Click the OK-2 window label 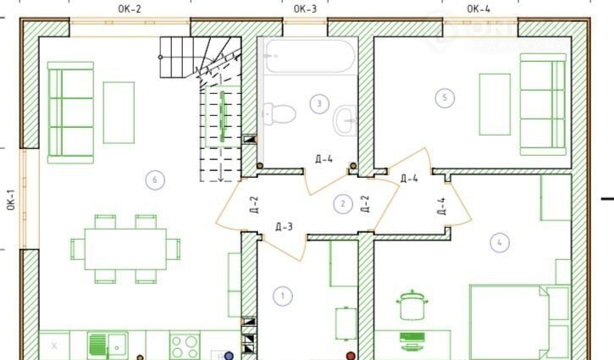tap(130, 9)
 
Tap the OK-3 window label tap(305, 9)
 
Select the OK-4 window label tap(478, 9)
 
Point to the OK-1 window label tap(10, 200)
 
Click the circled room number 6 tap(155, 180)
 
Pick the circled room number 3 tap(319, 104)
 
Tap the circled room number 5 tap(445, 98)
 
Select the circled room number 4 tap(500, 242)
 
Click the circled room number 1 tap(283, 296)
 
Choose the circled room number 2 tap(343, 203)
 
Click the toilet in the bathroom tap(279, 114)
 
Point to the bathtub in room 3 tap(310, 56)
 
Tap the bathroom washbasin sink tap(346, 120)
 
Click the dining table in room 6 tap(125, 249)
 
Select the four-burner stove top tap(185, 346)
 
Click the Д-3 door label tap(284, 227)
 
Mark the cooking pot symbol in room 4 tap(412, 306)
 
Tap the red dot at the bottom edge tap(351, 356)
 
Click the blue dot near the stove tap(229, 356)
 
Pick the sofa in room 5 tap(544, 104)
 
